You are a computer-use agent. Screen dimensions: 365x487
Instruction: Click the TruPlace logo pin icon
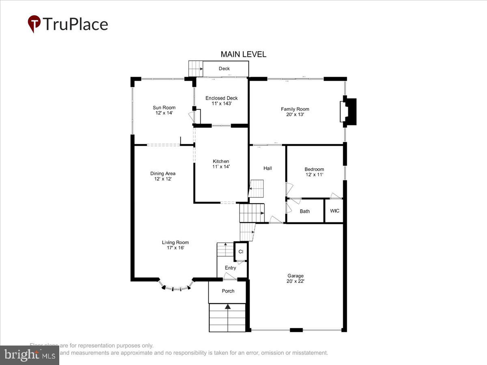click(34, 24)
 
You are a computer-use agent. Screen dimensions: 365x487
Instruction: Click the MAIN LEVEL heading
click(243, 54)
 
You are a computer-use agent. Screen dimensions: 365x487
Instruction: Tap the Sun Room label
click(164, 107)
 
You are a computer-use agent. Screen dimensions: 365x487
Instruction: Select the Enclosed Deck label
click(221, 98)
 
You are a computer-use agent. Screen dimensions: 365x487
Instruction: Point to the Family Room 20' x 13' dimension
click(295, 115)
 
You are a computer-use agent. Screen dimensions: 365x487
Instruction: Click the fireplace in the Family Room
click(349, 112)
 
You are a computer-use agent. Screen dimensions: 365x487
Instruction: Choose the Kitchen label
click(221, 161)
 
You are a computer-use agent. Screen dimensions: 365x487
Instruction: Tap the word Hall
click(267, 168)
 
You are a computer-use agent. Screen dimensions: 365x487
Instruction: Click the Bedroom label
click(314, 169)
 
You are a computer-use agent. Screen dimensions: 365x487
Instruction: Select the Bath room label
click(304, 211)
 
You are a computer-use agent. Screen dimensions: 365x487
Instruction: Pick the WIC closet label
click(334, 211)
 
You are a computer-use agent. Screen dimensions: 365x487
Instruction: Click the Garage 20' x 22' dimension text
click(295, 281)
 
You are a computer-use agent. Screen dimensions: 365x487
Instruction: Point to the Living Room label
click(175, 243)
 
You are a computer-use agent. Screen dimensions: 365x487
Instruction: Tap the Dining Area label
click(163, 174)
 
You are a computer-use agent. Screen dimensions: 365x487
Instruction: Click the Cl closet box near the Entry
click(241, 251)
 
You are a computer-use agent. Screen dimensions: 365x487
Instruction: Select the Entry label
click(230, 268)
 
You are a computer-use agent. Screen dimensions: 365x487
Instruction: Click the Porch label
click(228, 291)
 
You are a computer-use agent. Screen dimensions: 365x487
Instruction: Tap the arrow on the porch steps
click(228, 307)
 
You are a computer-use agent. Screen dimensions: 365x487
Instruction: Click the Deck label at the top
click(224, 69)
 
